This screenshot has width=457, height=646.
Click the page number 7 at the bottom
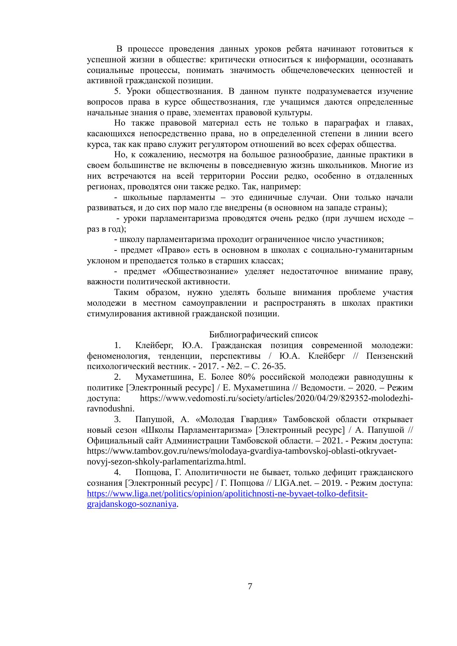point(250,586)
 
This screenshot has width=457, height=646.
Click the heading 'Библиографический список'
point(263,335)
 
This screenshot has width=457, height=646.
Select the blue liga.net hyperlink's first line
point(227,494)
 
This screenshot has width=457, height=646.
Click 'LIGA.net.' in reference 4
point(292,483)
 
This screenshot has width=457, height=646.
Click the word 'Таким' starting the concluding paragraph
point(127,292)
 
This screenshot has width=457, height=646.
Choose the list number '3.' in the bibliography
point(118,419)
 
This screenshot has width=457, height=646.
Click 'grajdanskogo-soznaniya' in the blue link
point(131,504)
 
